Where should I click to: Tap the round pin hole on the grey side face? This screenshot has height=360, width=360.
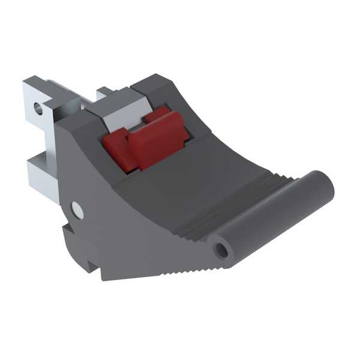point(76,209)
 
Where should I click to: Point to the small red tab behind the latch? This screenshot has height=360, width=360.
point(157,114)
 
